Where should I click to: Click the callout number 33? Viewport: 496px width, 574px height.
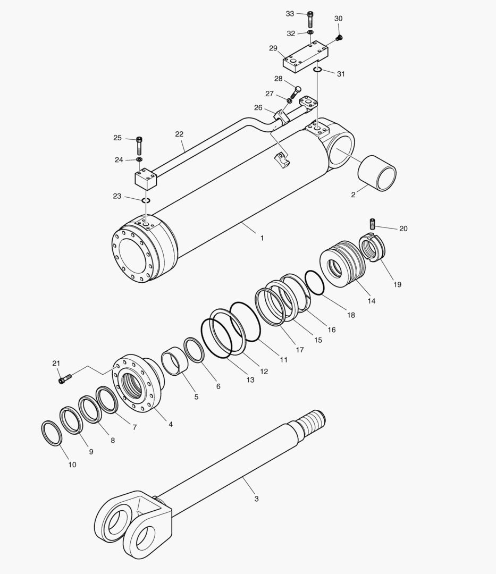click(290, 13)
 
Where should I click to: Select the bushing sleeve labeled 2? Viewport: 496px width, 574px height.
click(377, 172)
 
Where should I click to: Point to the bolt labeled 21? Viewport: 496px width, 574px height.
click(65, 378)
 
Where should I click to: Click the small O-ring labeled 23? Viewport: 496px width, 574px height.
click(146, 200)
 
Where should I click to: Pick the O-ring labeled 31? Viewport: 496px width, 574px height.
click(317, 69)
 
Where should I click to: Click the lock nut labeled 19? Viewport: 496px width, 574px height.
click(374, 248)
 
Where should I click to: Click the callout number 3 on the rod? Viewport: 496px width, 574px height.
click(256, 499)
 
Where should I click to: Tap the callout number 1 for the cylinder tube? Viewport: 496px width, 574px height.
click(262, 239)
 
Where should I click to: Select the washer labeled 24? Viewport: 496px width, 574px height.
click(139, 159)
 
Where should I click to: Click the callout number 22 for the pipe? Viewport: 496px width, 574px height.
click(179, 134)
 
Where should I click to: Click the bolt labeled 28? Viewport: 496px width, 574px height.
click(296, 92)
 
